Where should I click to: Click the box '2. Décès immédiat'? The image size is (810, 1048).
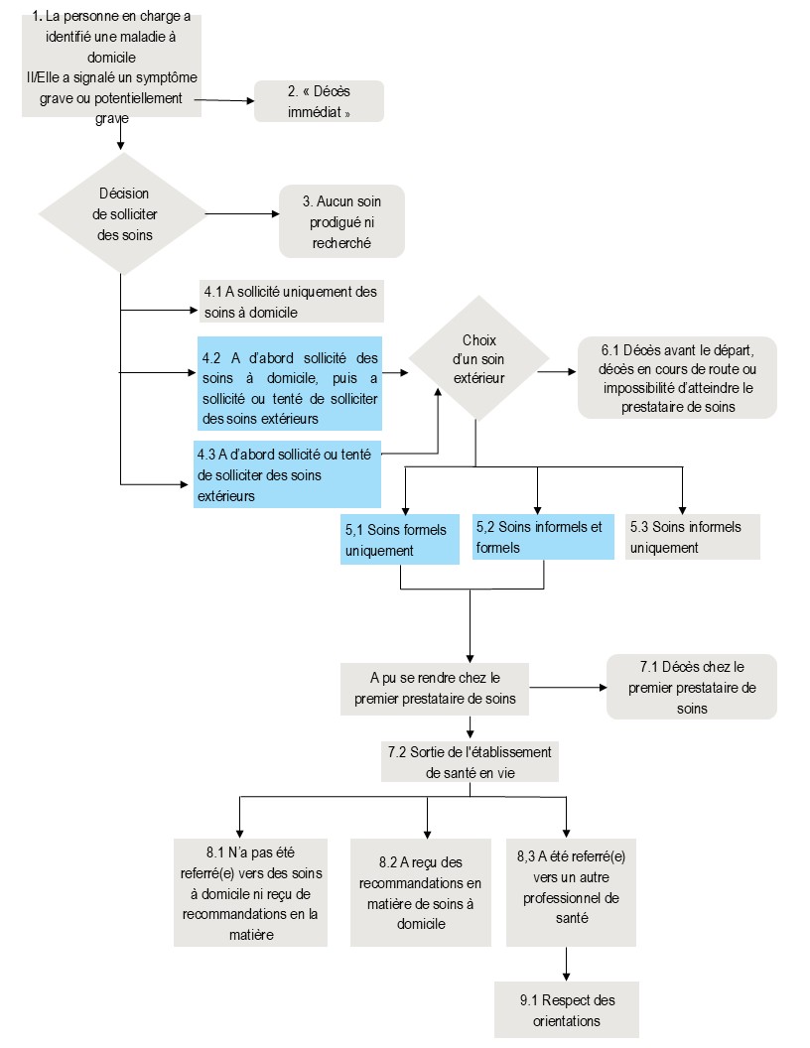click(319, 101)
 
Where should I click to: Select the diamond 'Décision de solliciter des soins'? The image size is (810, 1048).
click(123, 214)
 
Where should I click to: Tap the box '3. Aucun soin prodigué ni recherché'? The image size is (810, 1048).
click(341, 221)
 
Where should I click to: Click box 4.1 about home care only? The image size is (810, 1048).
click(292, 302)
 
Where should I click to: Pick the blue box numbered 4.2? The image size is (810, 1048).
click(290, 384)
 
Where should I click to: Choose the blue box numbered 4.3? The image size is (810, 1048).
click(288, 474)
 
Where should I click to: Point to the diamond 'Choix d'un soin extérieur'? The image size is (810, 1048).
click(478, 359)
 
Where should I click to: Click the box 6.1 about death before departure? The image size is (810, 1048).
click(677, 378)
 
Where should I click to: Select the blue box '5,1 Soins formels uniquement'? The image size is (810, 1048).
click(400, 539)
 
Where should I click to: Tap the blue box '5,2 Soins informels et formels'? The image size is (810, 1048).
click(543, 537)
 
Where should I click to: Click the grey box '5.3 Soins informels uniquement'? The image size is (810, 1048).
click(693, 537)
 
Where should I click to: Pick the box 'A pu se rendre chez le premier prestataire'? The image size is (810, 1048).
click(435, 689)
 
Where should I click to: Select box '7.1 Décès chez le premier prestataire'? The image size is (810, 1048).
click(692, 687)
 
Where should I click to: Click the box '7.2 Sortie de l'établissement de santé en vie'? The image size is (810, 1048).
click(470, 762)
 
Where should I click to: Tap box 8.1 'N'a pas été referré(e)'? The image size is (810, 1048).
click(250, 893)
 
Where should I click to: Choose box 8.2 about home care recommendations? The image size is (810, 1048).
click(420, 893)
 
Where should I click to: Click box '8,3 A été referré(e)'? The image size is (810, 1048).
click(571, 893)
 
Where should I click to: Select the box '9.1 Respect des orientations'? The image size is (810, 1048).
click(567, 1010)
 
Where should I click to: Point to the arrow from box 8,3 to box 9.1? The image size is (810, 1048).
click(567, 964)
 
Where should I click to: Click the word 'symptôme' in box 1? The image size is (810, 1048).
click(167, 77)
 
